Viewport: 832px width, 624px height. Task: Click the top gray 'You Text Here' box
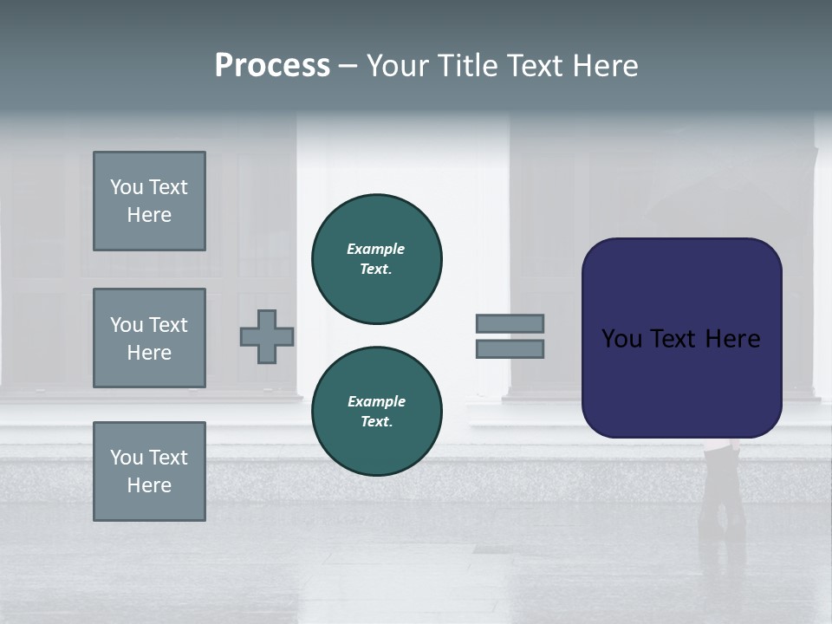coord(149,201)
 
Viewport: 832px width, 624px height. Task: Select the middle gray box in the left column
coord(149,338)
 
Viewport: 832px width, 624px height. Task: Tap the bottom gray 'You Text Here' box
coord(149,471)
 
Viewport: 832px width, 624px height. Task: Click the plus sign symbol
coord(267,336)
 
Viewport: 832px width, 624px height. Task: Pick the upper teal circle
coord(376,259)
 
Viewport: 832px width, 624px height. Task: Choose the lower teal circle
coord(376,412)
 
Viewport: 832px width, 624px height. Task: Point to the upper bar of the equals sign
coord(510,323)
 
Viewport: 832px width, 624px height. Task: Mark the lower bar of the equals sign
coord(510,348)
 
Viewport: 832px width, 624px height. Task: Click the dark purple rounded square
coord(681,338)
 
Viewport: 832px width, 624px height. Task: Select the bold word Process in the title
coord(272,66)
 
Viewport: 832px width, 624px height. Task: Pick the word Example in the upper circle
coord(376,249)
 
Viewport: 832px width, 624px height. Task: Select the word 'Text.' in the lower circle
coord(376,421)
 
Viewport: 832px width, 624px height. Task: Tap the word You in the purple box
coord(621,339)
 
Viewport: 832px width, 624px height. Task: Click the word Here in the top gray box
coord(149,215)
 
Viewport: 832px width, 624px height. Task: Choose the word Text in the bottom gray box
coord(168,458)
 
